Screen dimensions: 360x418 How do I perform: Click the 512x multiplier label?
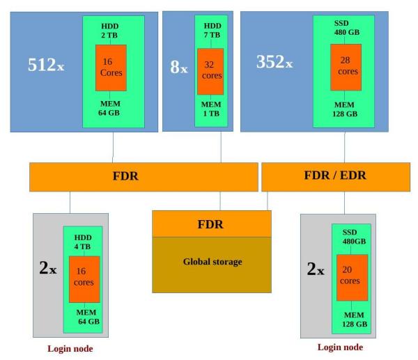pyautogui.click(x=46, y=65)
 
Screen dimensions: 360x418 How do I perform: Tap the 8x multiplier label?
pyautogui.click(x=179, y=68)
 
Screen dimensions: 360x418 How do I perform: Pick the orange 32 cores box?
pyautogui.click(x=210, y=71)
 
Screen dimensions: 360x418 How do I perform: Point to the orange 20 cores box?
pyautogui.click(x=352, y=276)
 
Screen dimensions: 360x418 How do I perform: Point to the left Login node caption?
pyautogui.click(x=69, y=348)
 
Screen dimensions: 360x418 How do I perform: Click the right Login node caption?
pyautogui.click(x=340, y=347)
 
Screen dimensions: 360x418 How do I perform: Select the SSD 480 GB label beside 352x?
pyautogui.click(x=346, y=29)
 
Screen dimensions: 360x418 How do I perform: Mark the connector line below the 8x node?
pyautogui.click(x=221, y=146)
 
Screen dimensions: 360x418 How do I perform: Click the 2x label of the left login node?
pyautogui.click(x=47, y=268)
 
